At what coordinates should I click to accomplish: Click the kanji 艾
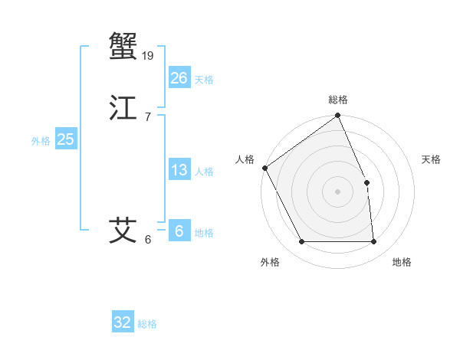pos(123,230)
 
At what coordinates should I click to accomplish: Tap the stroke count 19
pos(149,55)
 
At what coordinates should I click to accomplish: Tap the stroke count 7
pos(148,116)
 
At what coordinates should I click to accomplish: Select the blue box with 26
pos(179,78)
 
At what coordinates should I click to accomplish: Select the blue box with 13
pos(179,170)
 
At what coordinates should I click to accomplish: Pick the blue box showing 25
pos(65,139)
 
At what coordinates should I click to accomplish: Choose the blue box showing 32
pos(123,322)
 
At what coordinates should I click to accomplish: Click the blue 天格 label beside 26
pos(204,80)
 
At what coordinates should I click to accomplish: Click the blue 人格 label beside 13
pos(204,172)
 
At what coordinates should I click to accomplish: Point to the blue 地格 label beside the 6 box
pos(204,233)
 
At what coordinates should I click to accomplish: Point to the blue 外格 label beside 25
pos(41,141)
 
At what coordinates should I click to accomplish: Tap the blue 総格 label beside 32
pos(148,324)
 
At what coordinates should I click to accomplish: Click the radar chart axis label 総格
pos(337,100)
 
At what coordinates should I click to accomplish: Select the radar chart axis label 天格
pos(432,159)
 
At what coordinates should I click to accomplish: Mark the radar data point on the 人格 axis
pos(264,168)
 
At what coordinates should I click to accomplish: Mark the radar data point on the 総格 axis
pos(337,116)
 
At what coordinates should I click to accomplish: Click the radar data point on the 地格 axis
pos(373,242)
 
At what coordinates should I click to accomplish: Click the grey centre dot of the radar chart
pos(337,191)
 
